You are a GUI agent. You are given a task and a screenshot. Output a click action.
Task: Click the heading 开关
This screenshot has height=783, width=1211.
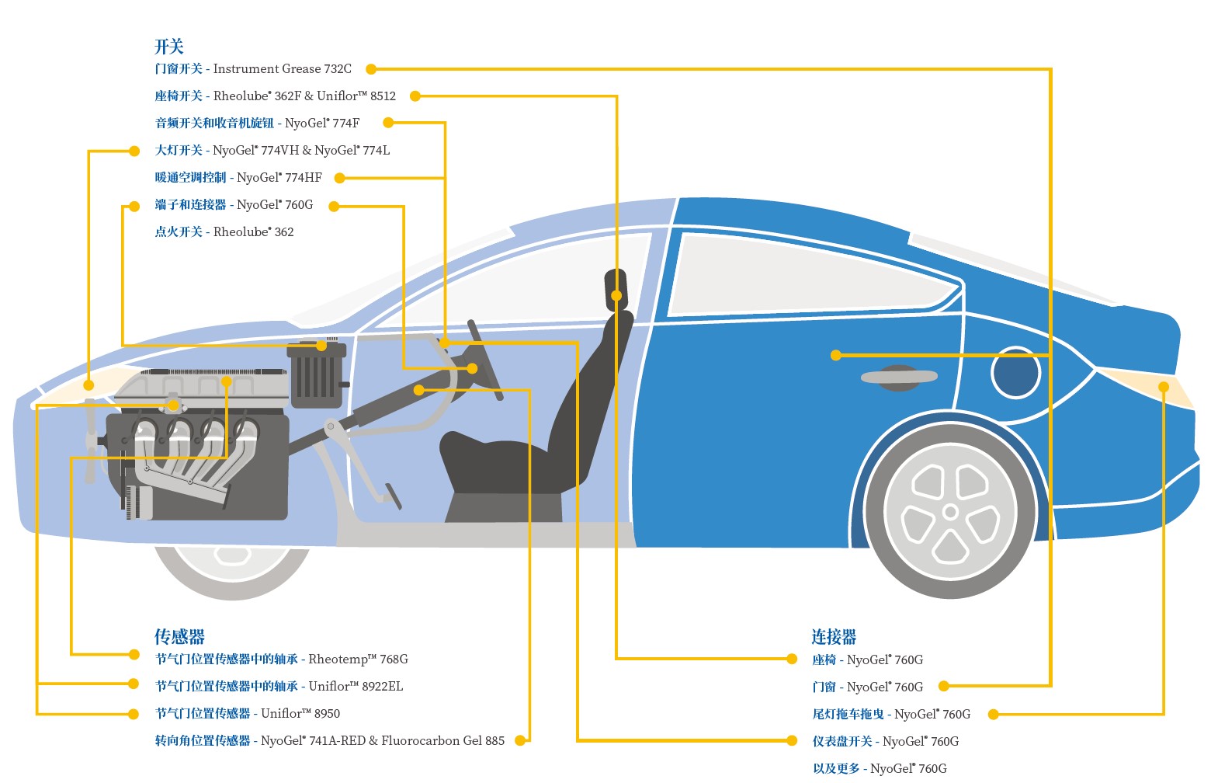[x=168, y=47]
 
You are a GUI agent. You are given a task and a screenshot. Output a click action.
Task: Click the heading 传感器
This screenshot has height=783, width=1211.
[x=179, y=637]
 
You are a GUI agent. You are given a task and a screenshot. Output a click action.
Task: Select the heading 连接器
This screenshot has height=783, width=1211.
[x=834, y=637]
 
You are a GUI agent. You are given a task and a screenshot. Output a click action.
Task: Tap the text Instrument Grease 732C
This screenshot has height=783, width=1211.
[x=282, y=69]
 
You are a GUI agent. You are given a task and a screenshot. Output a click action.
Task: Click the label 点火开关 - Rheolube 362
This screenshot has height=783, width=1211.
[x=224, y=232]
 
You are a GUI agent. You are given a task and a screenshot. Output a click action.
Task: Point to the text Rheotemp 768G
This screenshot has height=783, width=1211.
[x=358, y=659]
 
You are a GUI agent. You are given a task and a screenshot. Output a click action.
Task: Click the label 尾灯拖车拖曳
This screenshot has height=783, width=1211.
[x=848, y=715]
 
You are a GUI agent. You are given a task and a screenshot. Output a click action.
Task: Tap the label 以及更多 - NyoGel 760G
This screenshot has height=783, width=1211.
[x=880, y=769]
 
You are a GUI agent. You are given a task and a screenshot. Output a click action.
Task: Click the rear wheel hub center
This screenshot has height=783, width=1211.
[x=950, y=512]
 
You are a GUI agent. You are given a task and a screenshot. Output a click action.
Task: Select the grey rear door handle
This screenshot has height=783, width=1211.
[x=899, y=377]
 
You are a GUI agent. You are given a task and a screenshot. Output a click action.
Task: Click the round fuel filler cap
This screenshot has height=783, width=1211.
[x=1015, y=373]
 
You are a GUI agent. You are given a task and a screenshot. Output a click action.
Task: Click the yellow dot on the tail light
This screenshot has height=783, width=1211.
[x=1164, y=387]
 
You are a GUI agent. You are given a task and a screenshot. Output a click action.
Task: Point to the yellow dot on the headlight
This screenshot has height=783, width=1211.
[x=89, y=385]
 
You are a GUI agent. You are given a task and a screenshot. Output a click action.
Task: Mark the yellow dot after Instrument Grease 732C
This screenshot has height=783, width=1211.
[x=371, y=69]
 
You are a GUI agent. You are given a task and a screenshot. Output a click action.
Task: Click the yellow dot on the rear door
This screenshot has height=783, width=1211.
[x=836, y=355]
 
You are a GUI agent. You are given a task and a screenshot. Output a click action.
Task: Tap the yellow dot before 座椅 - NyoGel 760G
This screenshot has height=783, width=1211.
[x=792, y=659]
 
